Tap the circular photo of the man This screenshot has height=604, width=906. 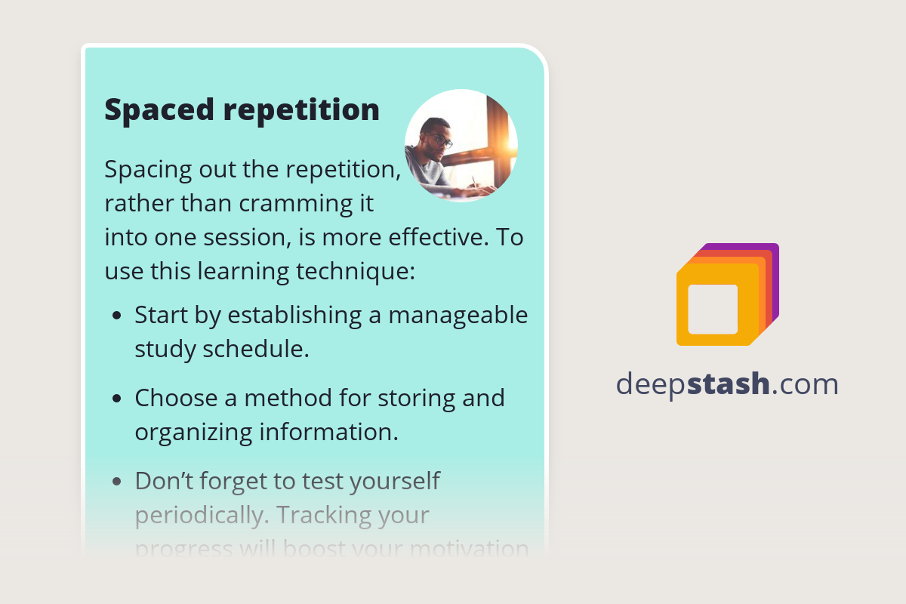tap(461, 146)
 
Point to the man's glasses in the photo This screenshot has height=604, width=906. tap(440, 140)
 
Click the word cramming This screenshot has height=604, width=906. tap(287, 204)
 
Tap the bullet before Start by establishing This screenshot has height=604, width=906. tap(116, 316)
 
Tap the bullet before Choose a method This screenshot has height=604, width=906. tap(116, 399)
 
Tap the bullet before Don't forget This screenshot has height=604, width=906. tap(116, 481)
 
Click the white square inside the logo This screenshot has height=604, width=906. tap(713, 309)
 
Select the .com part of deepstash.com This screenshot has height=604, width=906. tap(806, 384)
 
